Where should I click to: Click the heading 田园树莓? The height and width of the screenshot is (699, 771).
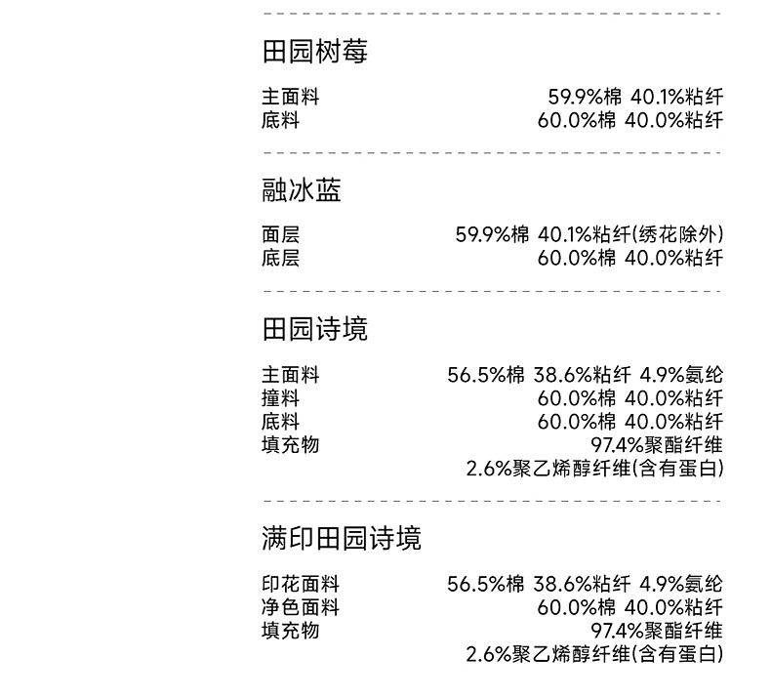click(x=314, y=52)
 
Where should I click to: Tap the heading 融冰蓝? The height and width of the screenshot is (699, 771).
click(x=302, y=190)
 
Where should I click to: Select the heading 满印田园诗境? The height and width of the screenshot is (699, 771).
click(x=342, y=538)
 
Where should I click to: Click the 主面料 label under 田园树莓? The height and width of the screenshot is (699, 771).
click(x=290, y=98)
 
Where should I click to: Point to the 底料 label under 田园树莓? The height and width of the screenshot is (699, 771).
click(x=280, y=121)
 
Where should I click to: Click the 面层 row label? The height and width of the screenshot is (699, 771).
click(x=280, y=235)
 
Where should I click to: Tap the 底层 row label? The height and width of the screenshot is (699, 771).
click(x=280, y=259)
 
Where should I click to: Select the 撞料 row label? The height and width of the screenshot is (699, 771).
click(x=280, y=398)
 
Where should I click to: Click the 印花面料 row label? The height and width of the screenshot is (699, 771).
click(x=300, y=585)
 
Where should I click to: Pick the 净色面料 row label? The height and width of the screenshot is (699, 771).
click(x=300, y=607)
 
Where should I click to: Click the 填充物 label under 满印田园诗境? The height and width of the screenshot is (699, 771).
click(x=290, y=631)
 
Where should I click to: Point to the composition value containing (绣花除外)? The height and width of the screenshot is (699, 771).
click(x=589, y=235)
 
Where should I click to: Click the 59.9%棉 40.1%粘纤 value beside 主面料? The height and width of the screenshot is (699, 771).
click(x=635, y=98)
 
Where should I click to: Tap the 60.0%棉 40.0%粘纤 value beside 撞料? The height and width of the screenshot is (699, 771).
click(x=630, y=398)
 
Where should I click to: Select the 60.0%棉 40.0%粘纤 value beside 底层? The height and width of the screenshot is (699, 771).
click(x=630, y=259)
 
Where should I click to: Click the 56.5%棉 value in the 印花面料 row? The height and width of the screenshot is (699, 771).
click(x=486, y=585)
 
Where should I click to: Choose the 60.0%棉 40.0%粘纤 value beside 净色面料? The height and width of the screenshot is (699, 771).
click(x=630, y=607)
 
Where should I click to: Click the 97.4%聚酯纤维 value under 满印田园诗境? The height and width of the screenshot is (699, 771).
click(x=657, y=631)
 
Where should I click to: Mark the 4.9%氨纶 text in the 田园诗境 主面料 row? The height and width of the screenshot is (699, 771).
click(x=681, y=376)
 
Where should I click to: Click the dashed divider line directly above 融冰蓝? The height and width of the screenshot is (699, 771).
click(x=492, y=153)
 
